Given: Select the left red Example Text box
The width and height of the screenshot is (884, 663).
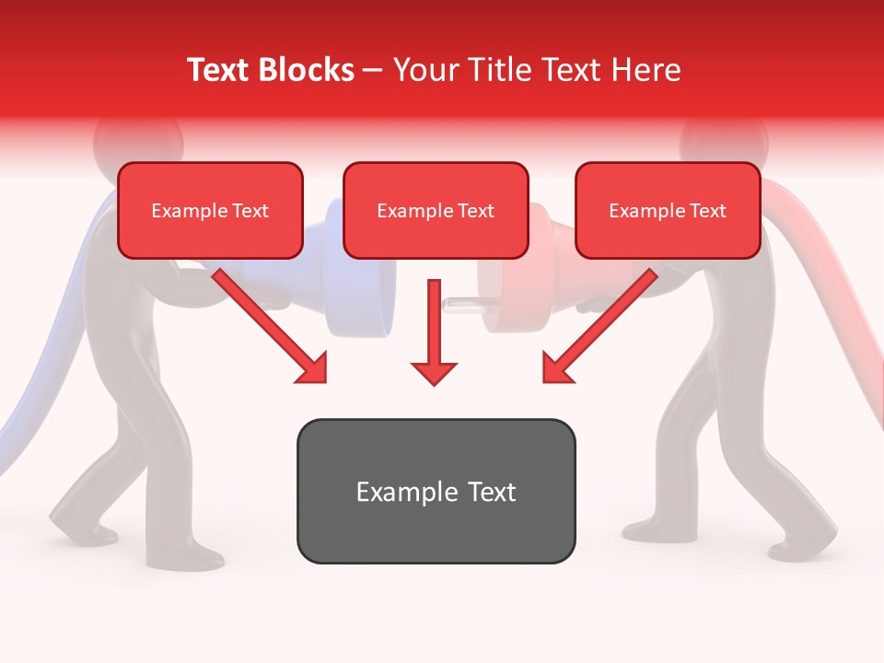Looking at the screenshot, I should tap(210, 211).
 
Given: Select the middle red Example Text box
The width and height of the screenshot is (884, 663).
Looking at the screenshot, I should tap(436, 211).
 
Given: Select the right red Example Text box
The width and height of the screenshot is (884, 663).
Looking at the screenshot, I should tap(668, 211).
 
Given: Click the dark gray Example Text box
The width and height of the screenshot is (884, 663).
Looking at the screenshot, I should tap(436, 491).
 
